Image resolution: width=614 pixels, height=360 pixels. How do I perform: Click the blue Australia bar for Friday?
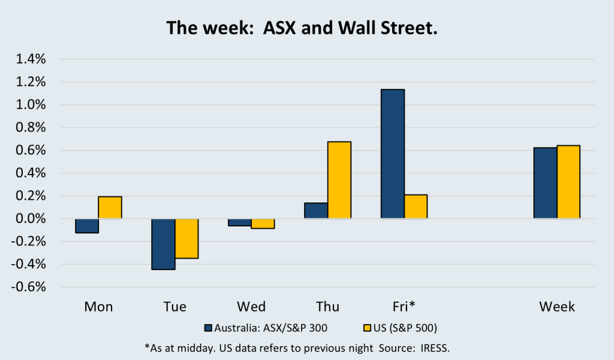click(x=393, y=154)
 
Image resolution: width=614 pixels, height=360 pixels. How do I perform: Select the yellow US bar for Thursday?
click(x=339, y=180)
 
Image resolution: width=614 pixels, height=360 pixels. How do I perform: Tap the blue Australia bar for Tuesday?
click(x=163, y=244)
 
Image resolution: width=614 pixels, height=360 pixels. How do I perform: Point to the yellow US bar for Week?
click(x=568, y=182)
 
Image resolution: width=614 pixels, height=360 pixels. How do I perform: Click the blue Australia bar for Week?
click(x=545, y=183)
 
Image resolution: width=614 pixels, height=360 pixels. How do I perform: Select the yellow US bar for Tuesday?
click(x=186, y=239)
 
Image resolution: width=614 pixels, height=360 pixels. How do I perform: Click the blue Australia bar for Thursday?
click(x=316, y=211)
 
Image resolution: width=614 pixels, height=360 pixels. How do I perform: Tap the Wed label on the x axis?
click(x=251, y=307)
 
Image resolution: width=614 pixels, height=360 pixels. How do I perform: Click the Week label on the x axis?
click(x=557, y=307)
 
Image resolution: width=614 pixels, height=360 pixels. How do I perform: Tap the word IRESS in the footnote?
click(x=440, y=347)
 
